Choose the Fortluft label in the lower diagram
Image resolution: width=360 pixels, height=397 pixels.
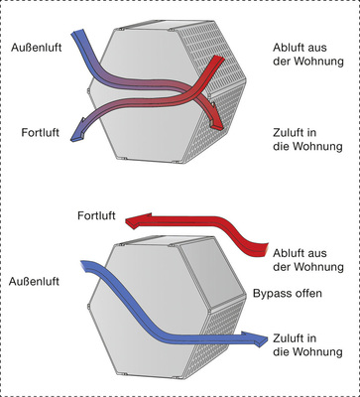pos(98,215)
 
